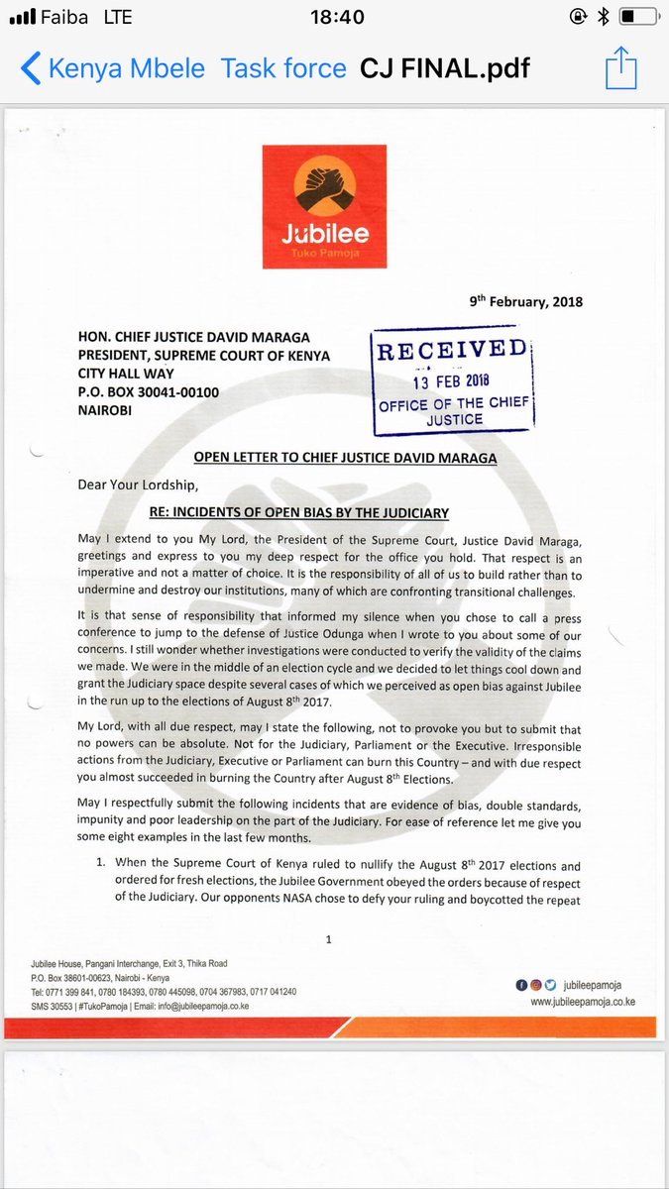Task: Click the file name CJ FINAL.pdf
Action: [x=445, y=68]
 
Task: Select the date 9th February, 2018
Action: [x=525, y=302]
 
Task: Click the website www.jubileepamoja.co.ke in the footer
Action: [x=582, y=1002]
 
